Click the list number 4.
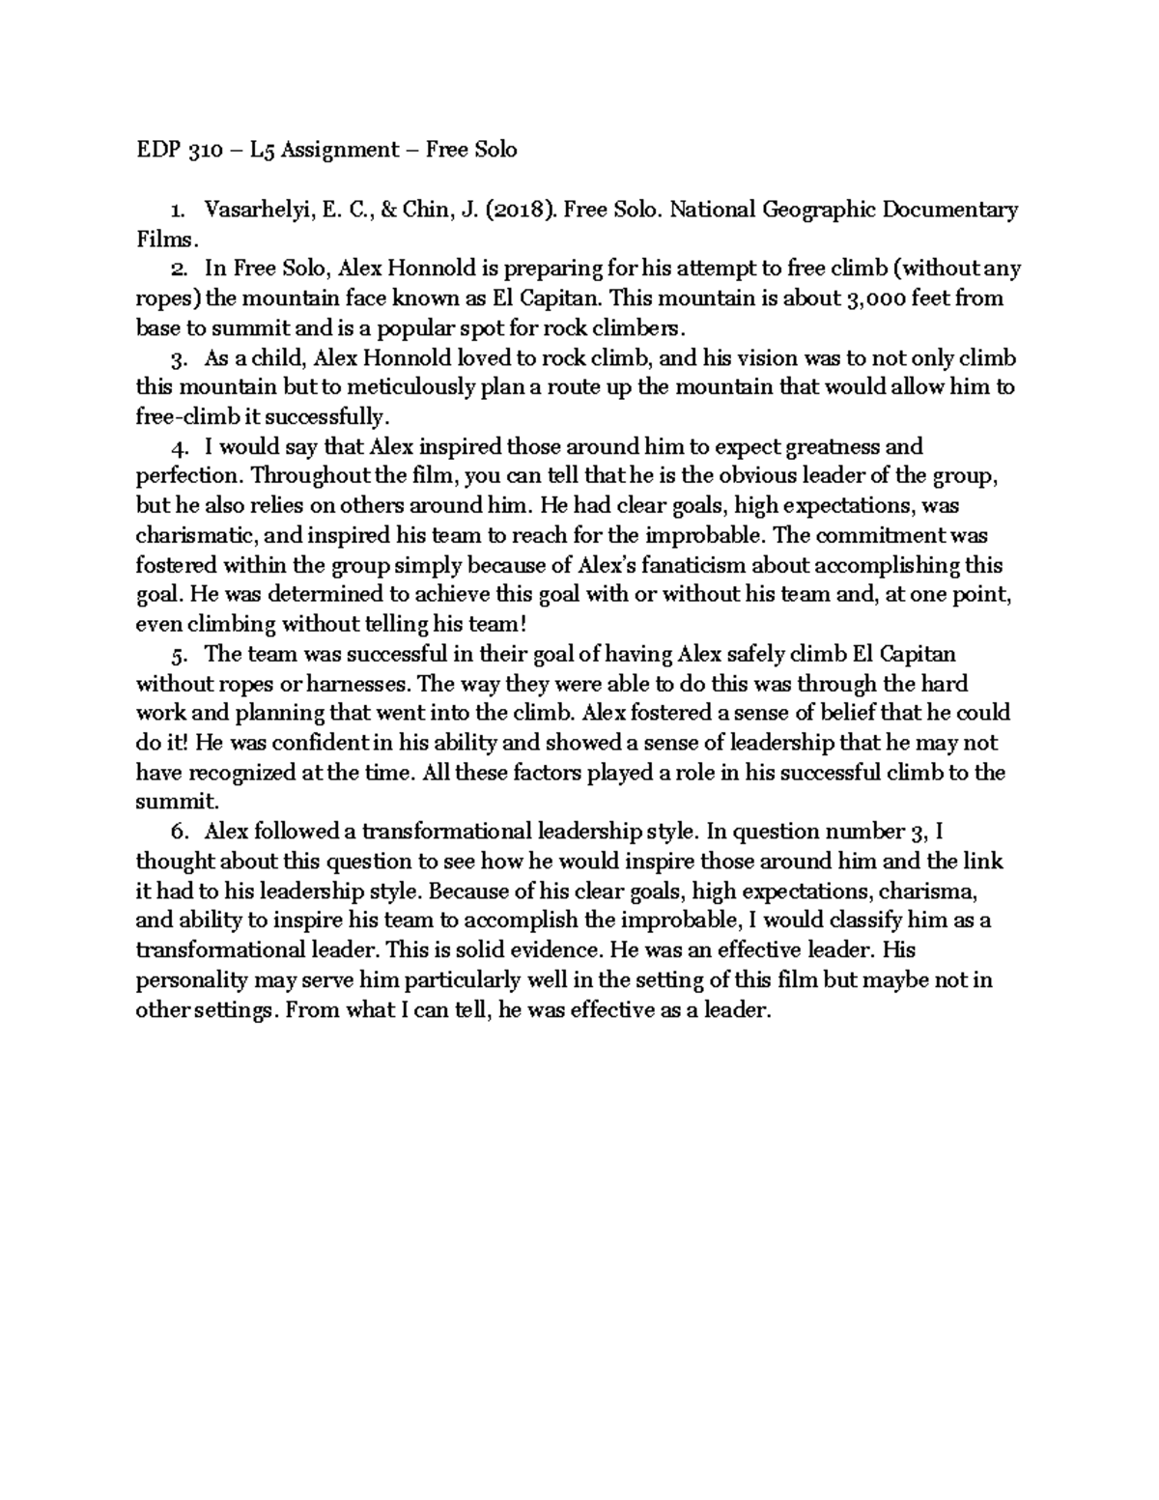[177, 448]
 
